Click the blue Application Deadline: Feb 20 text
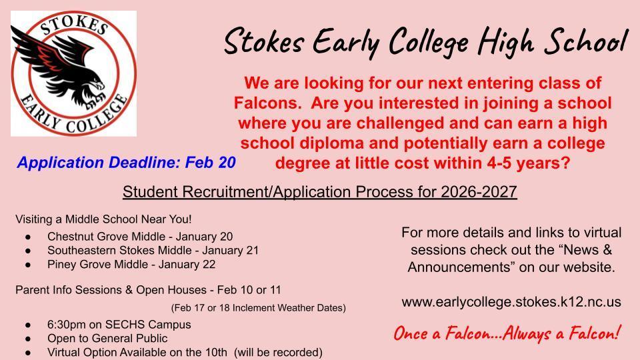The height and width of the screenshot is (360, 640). pyautogui.click(x=127, y=162)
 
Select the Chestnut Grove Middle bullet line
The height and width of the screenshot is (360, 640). pyautogui.click(x=140, y=236)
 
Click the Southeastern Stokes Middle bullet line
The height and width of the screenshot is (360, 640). pyautogui.click(x=153, y=250)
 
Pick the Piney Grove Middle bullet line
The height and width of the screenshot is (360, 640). pyautogui.click(x=131, y=264)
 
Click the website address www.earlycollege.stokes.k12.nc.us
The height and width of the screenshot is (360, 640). pyautogui.click(x=511, y=301)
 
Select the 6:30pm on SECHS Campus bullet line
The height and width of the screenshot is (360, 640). pyautogui.click(x=119, y=325)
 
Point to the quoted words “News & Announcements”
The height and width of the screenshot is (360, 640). pyautogui.click(x=510, y=259)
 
